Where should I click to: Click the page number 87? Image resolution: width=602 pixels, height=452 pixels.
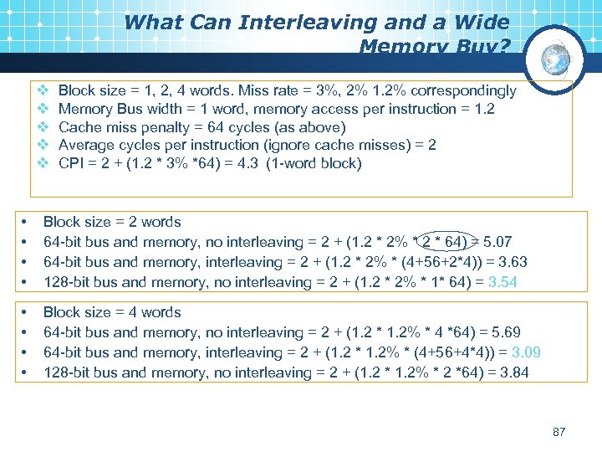(x=559, y=432)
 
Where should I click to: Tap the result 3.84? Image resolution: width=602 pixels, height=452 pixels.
(x=512, y=372)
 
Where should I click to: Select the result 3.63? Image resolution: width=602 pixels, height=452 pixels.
(x=511, y=262)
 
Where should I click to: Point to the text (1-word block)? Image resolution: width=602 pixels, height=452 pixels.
(x=314, y=163)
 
